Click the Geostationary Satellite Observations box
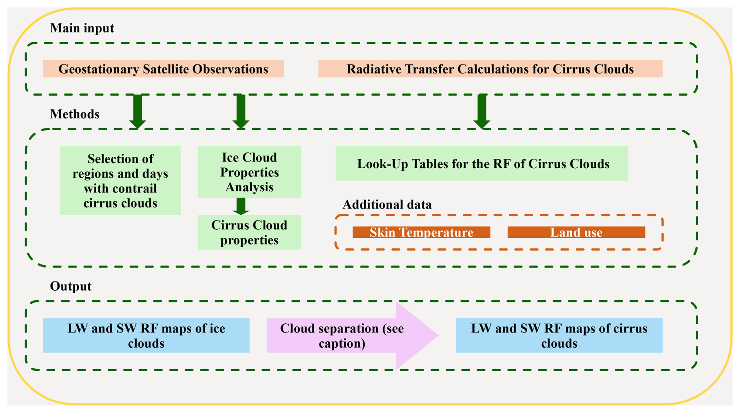click(163, 69)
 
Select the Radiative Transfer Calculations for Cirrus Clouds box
click(490, 69)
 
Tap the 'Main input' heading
click(82, 28)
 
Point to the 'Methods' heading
click(75, 114)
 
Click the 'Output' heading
click(71, 286)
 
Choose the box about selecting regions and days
click(120, 181)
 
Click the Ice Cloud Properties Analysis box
click(249, 172)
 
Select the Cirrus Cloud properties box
click(249, 232)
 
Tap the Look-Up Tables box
click(481, 163)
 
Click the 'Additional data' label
click(387, 205)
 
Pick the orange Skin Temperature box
click(421, 232)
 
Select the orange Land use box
click(576, 232)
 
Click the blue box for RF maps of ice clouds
click(146, 336)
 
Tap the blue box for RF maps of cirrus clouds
click(559, 336)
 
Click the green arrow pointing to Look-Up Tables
click(482, 111)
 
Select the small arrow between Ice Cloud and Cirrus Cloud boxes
click(241, 206)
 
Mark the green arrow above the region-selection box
click(138, 111)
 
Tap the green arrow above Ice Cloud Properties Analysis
click(241, 111)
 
